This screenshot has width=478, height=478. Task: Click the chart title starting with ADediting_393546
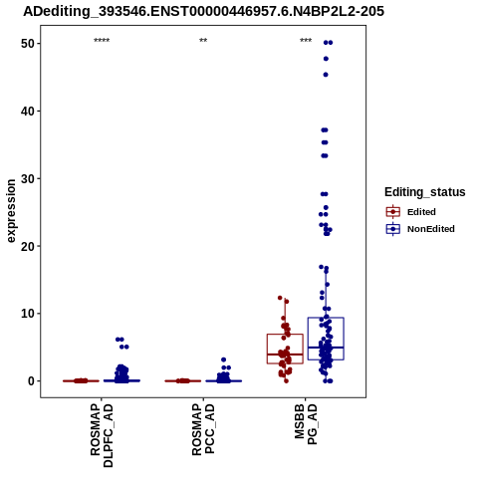[203, 11]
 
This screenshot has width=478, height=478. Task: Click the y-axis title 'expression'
[11, 211]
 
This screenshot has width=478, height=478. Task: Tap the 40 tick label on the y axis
[28, 112]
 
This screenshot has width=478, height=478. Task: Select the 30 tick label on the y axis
[28, 178]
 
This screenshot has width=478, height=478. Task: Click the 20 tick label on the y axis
[28, 246]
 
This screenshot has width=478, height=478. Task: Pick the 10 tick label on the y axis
[28, 314]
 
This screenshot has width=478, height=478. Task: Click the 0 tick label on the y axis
[31, 381]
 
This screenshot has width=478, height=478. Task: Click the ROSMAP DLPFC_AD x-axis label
[102, 435]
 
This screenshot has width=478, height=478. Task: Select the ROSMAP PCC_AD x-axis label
[203, 429]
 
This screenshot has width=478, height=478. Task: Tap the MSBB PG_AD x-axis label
[306, 424]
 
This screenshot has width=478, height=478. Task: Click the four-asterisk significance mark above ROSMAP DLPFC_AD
[102, 41]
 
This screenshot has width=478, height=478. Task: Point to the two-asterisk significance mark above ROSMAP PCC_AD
[203, 41]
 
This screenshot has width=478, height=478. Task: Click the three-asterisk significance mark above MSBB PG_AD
[306, 41]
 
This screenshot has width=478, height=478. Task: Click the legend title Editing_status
[425, 192]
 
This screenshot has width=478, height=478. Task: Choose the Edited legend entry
[410, 212]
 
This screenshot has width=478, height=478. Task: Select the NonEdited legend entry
[420, 229]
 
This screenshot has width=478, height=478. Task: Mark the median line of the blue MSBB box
[326, 348]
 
